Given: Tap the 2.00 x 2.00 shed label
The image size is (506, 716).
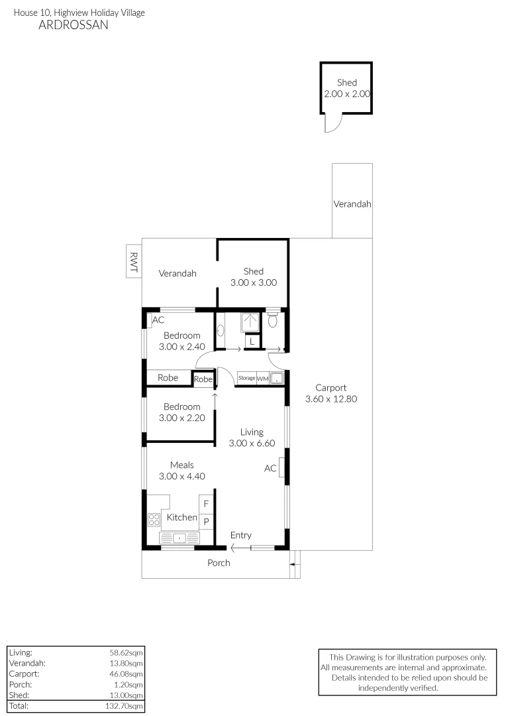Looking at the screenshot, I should [346, 94].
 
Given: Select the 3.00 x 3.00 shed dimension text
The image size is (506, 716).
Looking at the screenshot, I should [253, 282].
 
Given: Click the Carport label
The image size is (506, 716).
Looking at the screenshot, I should [330, 388].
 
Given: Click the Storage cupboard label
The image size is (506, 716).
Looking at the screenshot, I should [246, 378].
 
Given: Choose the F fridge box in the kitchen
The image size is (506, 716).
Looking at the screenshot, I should [206, 504].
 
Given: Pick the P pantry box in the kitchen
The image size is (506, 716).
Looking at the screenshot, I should [206, 522].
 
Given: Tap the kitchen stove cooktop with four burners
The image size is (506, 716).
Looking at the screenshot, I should [154, 520].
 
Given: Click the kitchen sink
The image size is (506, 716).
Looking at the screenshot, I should [178, 538].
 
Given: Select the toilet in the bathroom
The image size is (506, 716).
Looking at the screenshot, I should [272, 320].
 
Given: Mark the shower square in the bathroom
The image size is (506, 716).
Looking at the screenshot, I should [251, 322].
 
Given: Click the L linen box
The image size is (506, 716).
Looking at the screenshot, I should [252, 342].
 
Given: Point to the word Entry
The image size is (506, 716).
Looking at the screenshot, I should [240, 536].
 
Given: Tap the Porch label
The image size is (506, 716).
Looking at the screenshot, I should [219, 563].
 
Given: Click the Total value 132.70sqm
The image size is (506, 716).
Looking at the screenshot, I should [123, 707].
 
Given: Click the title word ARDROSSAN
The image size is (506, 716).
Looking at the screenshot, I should [74, 26].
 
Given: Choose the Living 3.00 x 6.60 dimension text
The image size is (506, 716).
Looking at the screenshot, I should [252, 444].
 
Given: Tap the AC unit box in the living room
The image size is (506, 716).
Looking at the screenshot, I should [282, 467].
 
